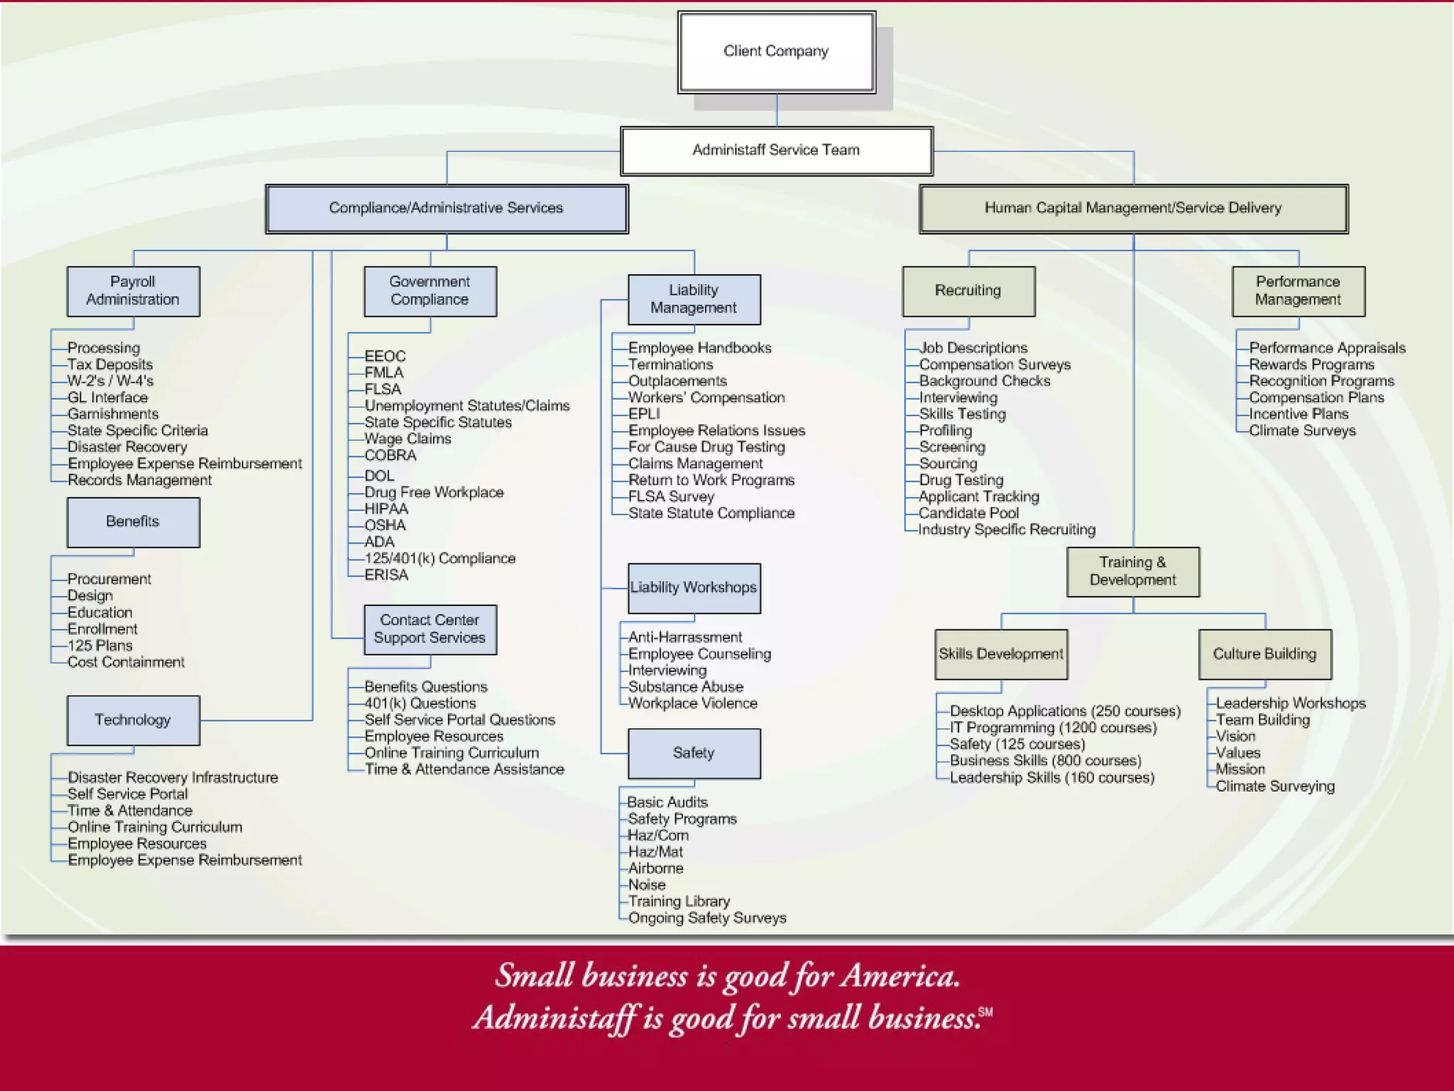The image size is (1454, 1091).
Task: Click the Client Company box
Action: (x=776, y=52)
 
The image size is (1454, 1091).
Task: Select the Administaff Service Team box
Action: (x=776, y=151)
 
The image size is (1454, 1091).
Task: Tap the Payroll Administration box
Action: (x=133, y=291)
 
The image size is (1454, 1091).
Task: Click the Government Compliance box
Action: (x=430, y=291)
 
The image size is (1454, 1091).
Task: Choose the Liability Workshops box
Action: (x=694, y=588)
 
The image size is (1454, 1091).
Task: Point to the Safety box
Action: (x=694, y=753)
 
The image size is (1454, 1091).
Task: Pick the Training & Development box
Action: (x=1132, y=572)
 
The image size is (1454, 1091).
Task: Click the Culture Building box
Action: (x=1264, y=654)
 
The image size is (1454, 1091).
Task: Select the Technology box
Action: (x=133, y=720)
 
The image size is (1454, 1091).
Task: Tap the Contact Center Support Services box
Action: (x=430, y=629)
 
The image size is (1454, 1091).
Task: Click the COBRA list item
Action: (x=390, y=455)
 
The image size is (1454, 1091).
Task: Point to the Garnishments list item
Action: (x=113, y=414)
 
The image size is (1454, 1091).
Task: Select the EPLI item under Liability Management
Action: (x=644, y=414)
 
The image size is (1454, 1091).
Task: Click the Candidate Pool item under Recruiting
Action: (x=968, y=513)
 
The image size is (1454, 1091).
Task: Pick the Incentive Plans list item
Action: (x=1299, y=414)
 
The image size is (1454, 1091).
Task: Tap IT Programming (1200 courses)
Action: (x=1053, y=727)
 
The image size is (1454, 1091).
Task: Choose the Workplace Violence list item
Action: (x=692, y=703)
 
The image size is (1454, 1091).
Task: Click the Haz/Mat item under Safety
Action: (x=655, y=852)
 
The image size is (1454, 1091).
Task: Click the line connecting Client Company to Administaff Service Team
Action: (x=777, y=110)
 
